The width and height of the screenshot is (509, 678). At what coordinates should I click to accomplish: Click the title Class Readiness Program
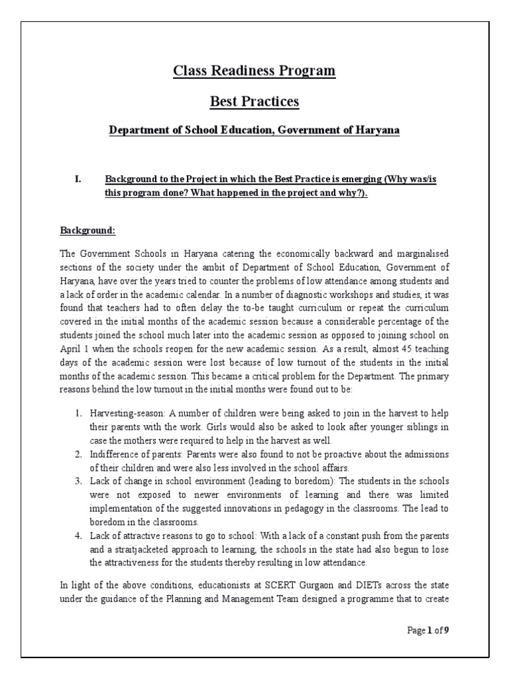coord(254,71)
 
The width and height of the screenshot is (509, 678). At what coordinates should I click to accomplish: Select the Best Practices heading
coord(254,102)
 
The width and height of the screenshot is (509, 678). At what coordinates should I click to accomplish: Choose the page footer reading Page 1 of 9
coord(428,631)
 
